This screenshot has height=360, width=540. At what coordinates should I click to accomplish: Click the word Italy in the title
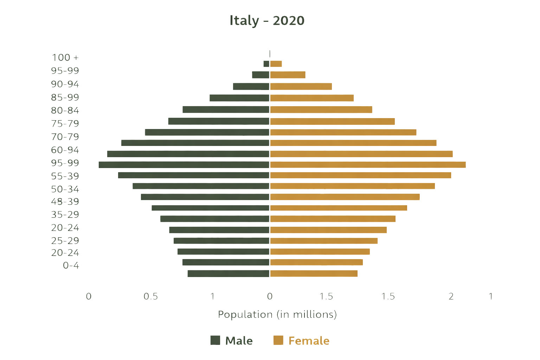244,21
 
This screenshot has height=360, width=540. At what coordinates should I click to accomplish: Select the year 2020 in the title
289,21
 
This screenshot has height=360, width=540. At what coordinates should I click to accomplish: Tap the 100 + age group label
65,57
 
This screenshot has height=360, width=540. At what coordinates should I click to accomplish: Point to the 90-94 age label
65,84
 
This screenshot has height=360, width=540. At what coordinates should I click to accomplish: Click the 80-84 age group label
65,110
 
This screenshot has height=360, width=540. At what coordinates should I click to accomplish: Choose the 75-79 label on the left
65,124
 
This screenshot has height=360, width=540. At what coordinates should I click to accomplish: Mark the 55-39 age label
65,176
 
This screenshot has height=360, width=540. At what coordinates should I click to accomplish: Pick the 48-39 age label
65,201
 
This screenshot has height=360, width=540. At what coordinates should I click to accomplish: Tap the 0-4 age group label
71,265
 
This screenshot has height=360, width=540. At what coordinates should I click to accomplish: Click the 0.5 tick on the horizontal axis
151,296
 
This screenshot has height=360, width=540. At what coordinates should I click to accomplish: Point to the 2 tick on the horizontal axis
451,296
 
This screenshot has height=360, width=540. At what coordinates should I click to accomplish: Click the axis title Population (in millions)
277,314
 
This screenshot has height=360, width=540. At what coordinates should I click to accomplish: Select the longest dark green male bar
184,165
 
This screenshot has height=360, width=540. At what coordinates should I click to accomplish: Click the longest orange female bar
368,165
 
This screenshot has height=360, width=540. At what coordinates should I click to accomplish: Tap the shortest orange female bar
276,64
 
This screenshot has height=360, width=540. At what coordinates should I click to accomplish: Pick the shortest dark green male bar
266,64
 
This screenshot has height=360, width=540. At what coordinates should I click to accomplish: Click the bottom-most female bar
314,274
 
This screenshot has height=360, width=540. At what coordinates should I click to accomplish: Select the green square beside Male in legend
215,340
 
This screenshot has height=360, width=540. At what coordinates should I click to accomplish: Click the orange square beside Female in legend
278,340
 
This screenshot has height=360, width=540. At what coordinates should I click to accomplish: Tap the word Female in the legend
309,341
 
